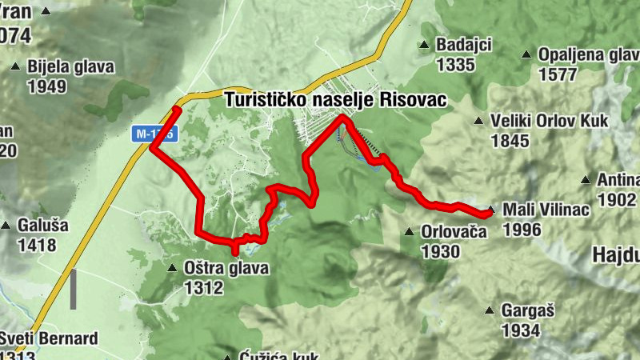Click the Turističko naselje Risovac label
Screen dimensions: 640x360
coord(335,100)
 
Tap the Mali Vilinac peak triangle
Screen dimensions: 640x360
coord(492,210)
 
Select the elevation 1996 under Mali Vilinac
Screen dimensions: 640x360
coord(522,230)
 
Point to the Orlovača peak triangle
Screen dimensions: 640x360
coord(410,233)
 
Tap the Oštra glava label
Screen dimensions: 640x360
coord(226,269)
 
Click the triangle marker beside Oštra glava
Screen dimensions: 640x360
coord(172,269)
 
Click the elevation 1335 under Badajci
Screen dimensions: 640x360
coord(456,65)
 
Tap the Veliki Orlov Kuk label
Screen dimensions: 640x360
coord(550,121)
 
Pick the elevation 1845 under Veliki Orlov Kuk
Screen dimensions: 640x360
coord(510,141)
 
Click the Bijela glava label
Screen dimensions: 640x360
coord(70,66)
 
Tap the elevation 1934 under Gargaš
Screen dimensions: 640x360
coord(520,330)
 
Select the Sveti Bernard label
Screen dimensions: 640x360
coord(49,338)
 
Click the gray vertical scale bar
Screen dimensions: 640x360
coord(73,289)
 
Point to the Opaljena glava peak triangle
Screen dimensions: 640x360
coord(526,54)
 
